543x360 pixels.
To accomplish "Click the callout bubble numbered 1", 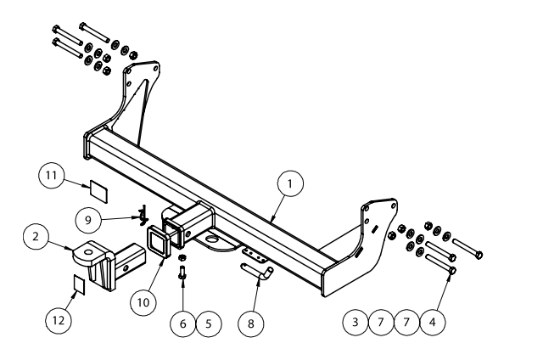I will pos(290,183).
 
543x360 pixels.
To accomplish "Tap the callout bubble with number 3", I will pos(355,323).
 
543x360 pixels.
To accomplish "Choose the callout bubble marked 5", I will pos(209,323).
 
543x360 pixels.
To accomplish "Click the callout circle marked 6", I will pos(182,323).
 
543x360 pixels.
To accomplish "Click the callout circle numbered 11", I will pos(52,176).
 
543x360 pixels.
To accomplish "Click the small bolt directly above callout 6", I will pos(182,273).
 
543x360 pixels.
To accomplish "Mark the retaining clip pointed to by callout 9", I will pos(141,212).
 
